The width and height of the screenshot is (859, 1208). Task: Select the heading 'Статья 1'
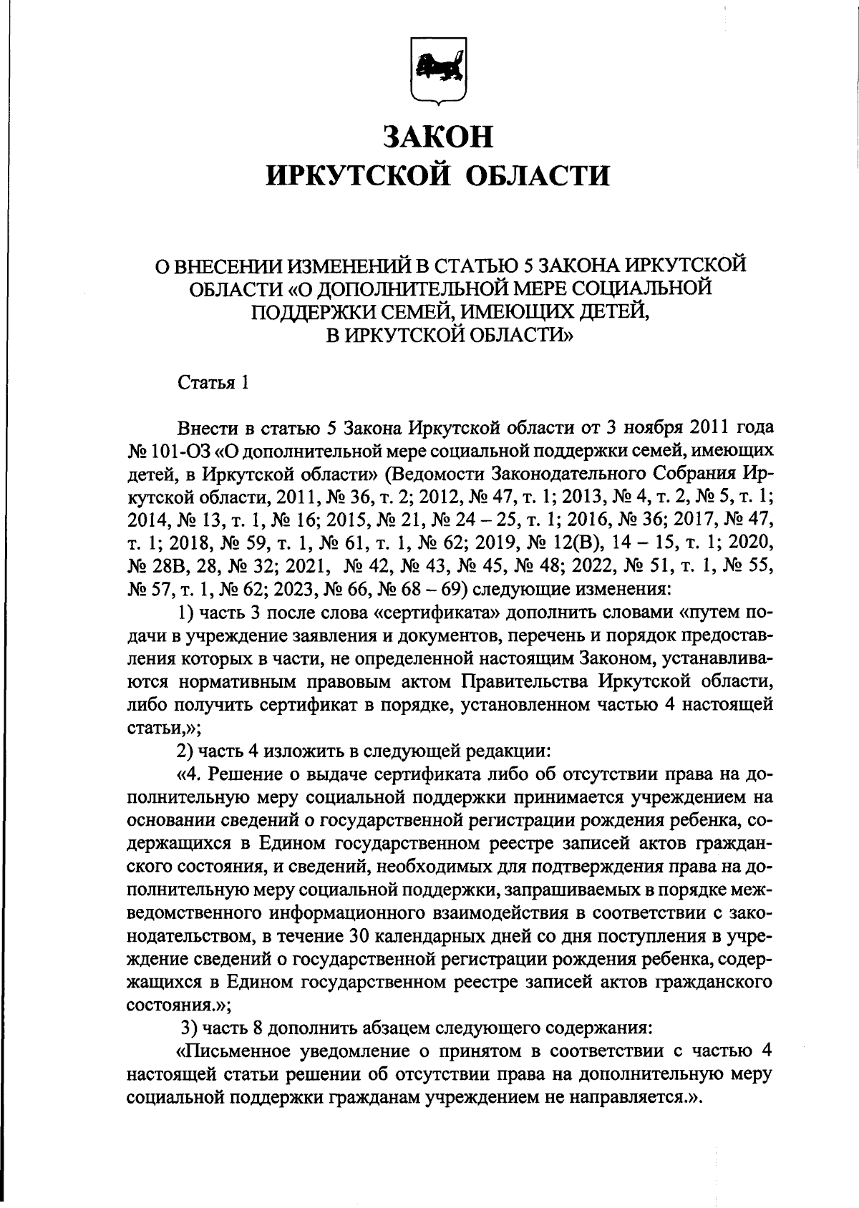tap(213, 382)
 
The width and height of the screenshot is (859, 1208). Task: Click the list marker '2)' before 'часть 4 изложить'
tap(185, 751)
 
